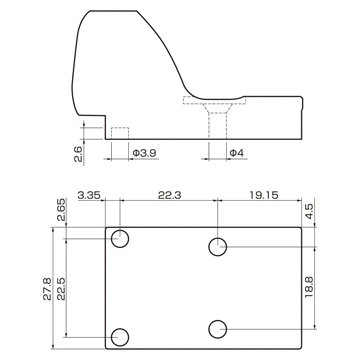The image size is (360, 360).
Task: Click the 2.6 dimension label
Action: click(78, 154)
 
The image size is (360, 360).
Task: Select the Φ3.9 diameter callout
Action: click(144, 153)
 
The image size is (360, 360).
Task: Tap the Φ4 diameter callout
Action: click(237, 153)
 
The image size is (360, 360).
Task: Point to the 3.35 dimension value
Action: click(89, 195)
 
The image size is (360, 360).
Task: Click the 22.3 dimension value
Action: click(170, 195)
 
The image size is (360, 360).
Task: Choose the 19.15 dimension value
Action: click(264, 195)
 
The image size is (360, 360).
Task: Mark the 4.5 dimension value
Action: click(309, 211)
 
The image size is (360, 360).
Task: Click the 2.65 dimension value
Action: click(61, 210)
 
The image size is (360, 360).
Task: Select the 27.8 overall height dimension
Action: click(47, 289)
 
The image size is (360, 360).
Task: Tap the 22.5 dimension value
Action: click(61, 289)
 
